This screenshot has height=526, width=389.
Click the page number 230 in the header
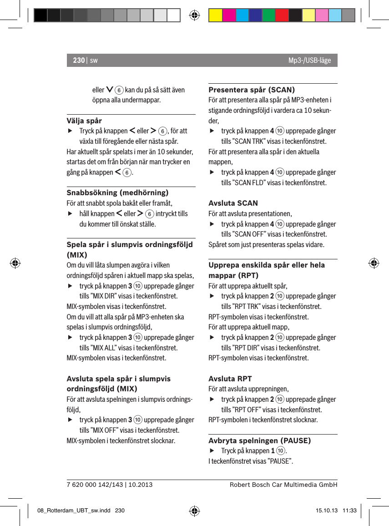tap(79, 61)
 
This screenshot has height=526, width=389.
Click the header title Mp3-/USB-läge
tap(309, 61)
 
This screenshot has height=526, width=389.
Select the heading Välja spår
tap(84, 121)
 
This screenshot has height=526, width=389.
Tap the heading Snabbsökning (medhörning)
tap(117, 192)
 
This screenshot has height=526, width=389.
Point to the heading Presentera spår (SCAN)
tap(251, 90)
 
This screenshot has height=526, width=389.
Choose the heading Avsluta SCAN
tap(233, 203)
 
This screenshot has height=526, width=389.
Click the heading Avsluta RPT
tap(230, 379)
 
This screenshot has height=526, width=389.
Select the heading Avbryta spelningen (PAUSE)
tap(259, 440)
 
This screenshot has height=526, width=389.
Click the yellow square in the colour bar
tap(215, 15)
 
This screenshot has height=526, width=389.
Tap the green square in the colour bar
tap(268, 15)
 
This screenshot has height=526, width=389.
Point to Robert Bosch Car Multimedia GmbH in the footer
tap(283, 485)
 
